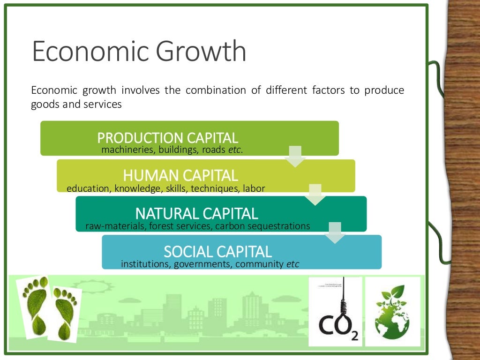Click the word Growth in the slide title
pyautogui.click(x=202, y=52)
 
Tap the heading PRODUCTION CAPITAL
pyautogui.click(x=168, y=138)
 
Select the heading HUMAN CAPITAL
pyautogui.click(x=180, y=175)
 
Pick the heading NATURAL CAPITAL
pyautogui.click(x=196, y=214)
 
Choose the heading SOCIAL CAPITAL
pyautogui.click(x=217, y=252)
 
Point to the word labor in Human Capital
pyautogui.click(x=255, y=188)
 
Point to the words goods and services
pyautogui.click(x=76, y=105)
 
